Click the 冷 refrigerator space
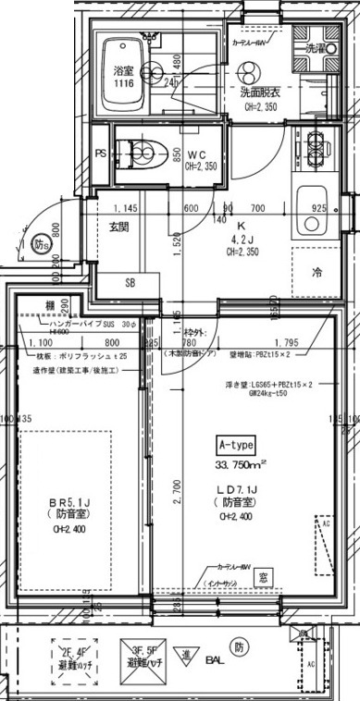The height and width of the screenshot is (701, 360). click(x=316, y=273)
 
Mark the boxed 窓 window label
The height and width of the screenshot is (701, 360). click(x=264, y=578)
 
